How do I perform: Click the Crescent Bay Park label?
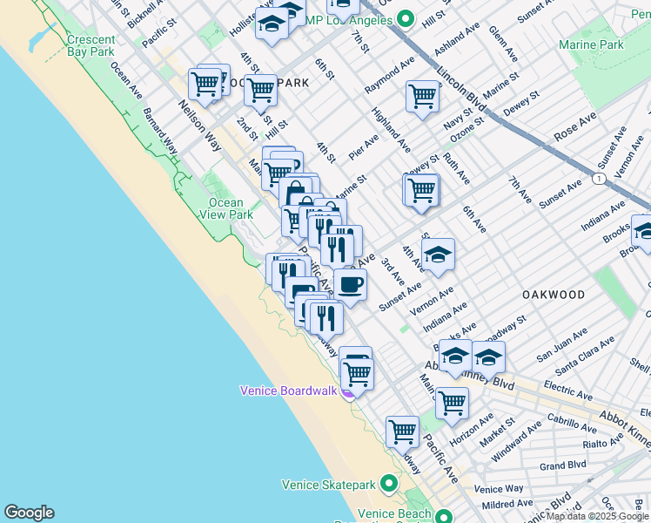pos(91,46)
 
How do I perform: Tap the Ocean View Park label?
pos(226,208)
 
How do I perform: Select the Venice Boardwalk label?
pos(288,391)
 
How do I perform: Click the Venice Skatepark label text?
pos(330,484)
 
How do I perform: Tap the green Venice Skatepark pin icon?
pos(389,482)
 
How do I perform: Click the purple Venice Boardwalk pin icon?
pos(347,391)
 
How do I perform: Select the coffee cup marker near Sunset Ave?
pos(350,284)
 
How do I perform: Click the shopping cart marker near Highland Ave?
pos(422,96)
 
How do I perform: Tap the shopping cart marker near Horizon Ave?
pos(452,403)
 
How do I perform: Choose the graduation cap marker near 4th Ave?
pos(438,255)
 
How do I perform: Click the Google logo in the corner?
pos(29,513)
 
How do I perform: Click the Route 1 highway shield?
pos(599,178)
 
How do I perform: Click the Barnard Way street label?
pos(160,132)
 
